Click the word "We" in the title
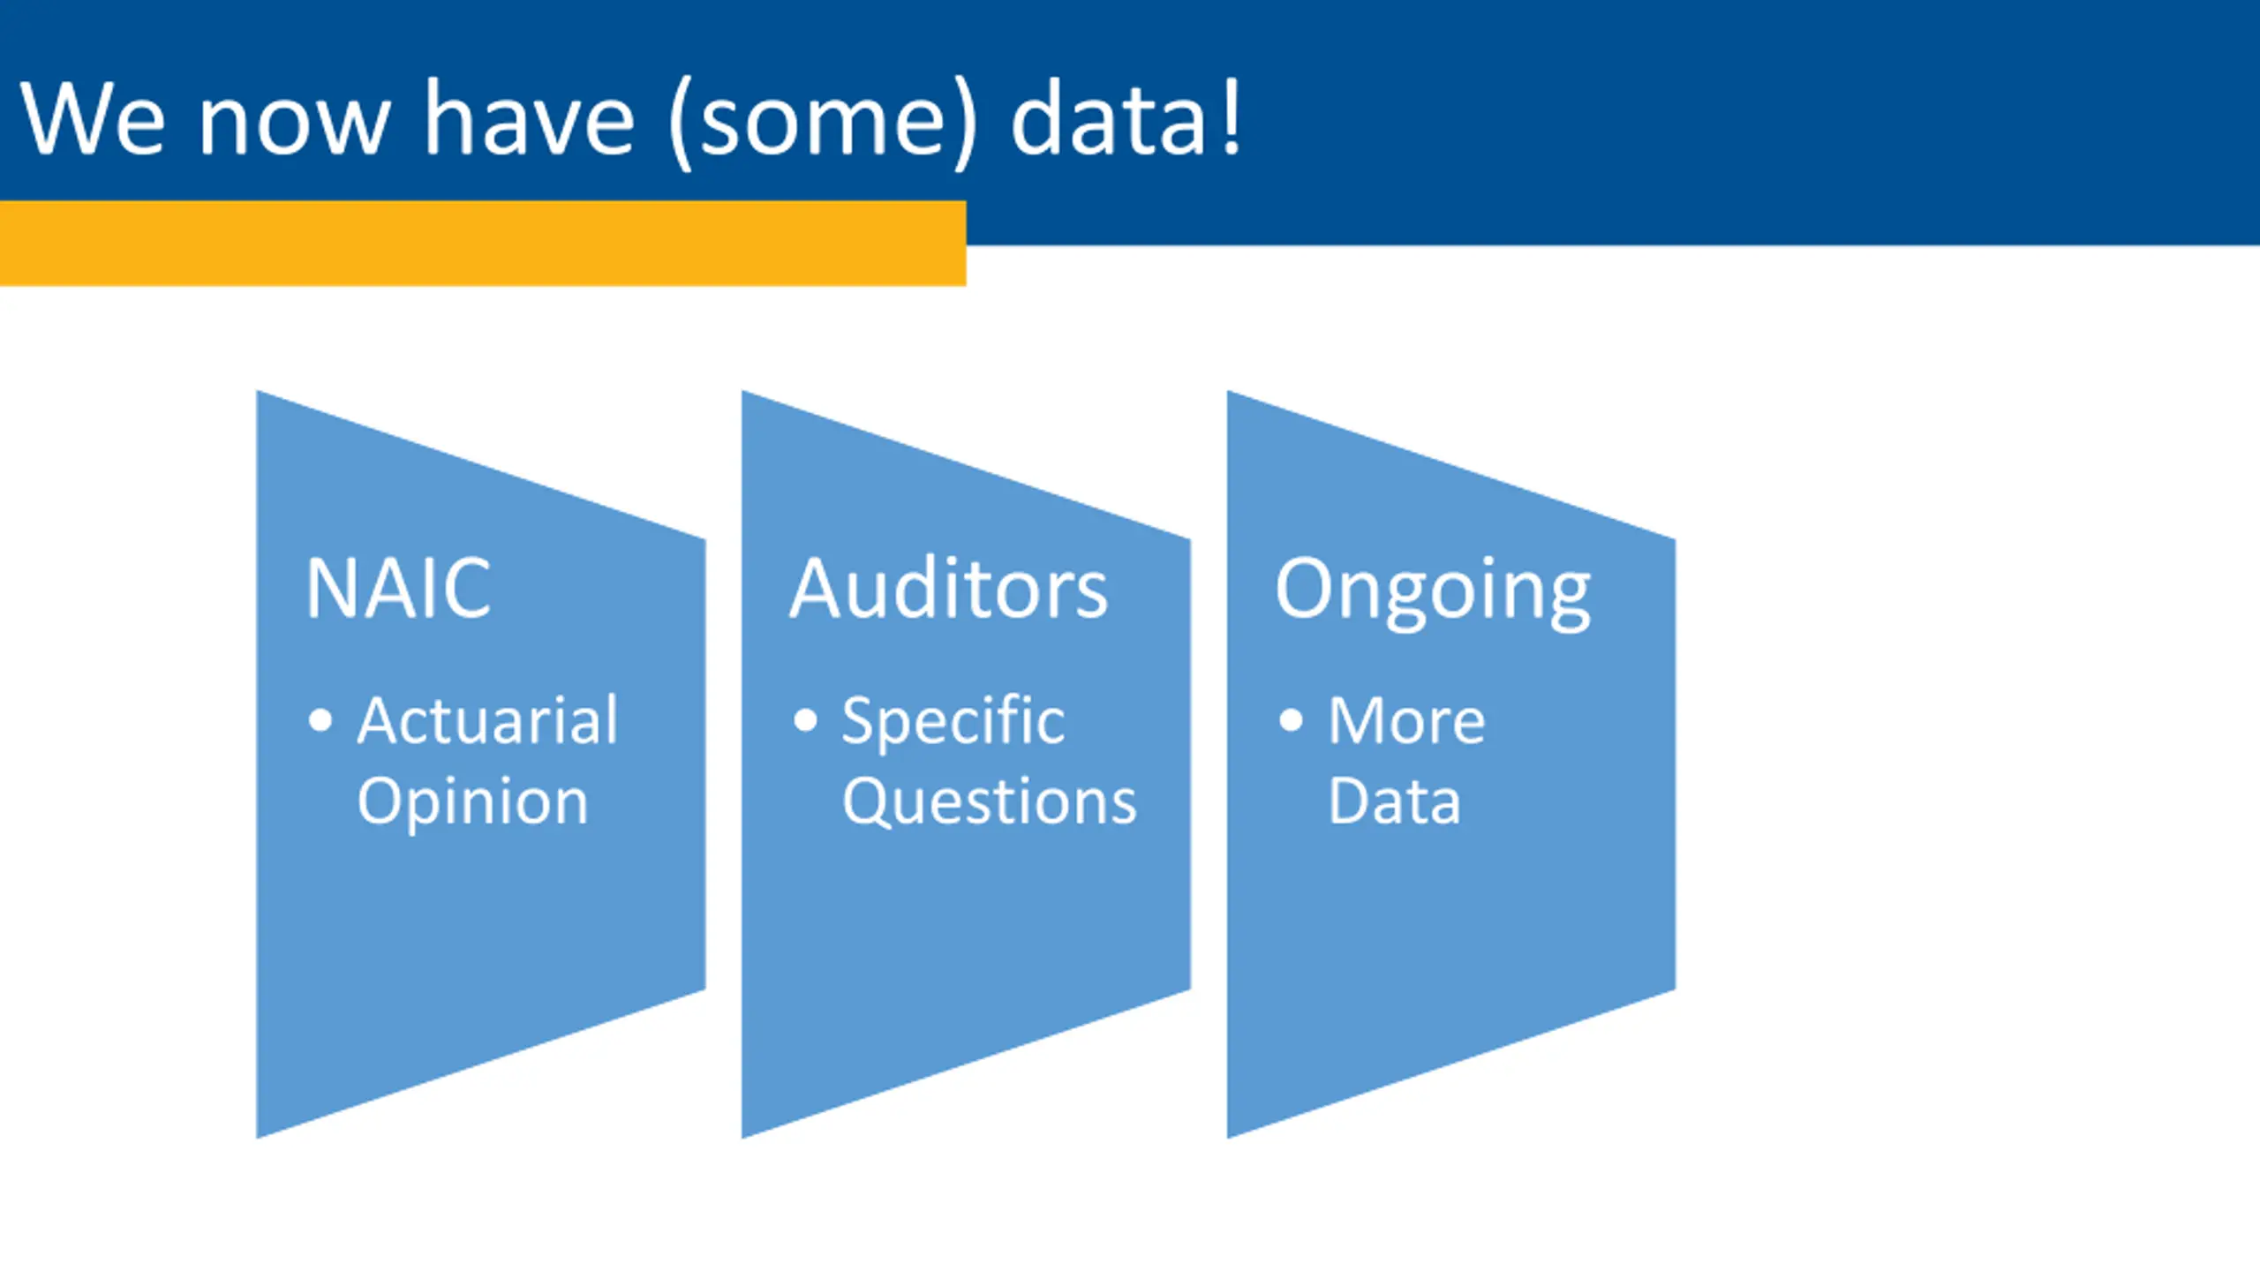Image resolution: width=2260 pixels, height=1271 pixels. pyautogui.click(x=93, y=118)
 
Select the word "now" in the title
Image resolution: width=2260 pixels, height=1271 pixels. pyautogui.click(x=293, y=124)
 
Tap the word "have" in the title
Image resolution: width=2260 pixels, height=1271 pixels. pyautogui.click(x=529, y=118)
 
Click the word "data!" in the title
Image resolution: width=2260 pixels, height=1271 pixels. pyautogui.click(x=1126, y=118)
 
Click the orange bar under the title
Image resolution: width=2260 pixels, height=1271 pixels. pyautogui.click(x=482, y=244)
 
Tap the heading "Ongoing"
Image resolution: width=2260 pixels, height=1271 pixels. pyautogui.click(x=1432, y=591)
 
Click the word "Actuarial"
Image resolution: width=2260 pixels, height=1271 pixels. pyautogui.click(x=487, y=720)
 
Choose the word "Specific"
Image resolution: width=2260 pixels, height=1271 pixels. pyautogui.click(x=953, y=722)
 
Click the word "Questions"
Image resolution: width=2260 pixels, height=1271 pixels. pyautogui.click(x=989, y=803)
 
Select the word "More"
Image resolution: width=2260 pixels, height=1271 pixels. pyautogui.click(x=1406, y=720)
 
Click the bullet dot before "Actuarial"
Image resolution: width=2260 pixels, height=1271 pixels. pyautogui.click(x=320, y=720)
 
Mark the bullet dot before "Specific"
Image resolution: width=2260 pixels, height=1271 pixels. pyautogui.click(x=805, y=720)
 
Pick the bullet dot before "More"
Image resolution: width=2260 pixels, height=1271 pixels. pyautogui.click(x=1291, y=720)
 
